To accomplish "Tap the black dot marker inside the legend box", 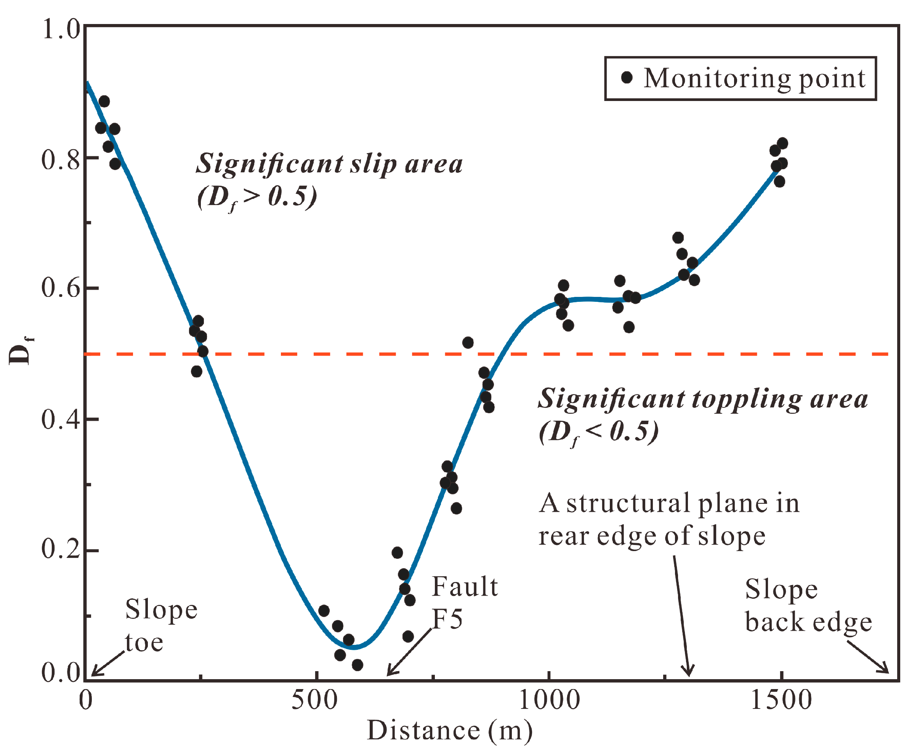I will (627, 78).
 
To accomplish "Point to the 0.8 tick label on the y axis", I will (61, 159).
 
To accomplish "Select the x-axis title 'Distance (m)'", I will (449, 731).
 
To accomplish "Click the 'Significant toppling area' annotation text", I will (702, 399).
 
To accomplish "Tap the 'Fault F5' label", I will (463, 603).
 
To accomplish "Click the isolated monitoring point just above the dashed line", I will (467, 343).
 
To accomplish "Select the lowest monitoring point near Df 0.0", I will (357, 665).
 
